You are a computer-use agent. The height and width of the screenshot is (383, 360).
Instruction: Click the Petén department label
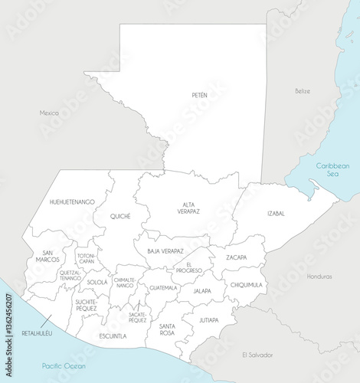pyautogui.click(x=199, y=95)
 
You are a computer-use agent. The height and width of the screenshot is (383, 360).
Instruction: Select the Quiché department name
pyautogui.click(x=120, y=216)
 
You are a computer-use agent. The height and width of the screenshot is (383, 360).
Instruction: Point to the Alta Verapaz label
pyautogui.click(x=188, y=208)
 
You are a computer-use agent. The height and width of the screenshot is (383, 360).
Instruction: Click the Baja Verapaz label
pyautogui.click(x=165, y=251)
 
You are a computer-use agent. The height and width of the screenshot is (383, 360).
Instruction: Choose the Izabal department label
pyautogui.click(x=277, y=213)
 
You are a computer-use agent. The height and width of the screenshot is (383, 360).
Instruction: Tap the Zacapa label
pyautogui.click(x=236, y=257)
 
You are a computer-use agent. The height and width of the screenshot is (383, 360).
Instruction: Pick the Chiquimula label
pyautogui.click(x=246, y=284)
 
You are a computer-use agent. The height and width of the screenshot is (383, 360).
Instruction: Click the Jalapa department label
pyautogui.click(x=202, y=291)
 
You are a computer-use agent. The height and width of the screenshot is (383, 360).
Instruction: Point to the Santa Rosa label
pyautogui.click(x=167, y=329)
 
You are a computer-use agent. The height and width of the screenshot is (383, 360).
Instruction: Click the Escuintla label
pyautogui.click(x=113, y=336)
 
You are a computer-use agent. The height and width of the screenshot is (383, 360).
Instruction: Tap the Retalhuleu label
pyautogui.click(x=37, y=333)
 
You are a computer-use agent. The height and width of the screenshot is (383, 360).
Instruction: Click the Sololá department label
pyautogui.click(x=97, y=282)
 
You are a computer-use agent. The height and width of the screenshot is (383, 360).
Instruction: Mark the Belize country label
pyautogui.click(x=303, y=90)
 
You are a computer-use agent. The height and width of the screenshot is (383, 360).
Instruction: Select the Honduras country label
pyautogui.click(x=319, y=276)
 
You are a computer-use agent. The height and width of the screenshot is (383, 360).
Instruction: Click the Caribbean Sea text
pyautogui.click(x=334, y=169)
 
